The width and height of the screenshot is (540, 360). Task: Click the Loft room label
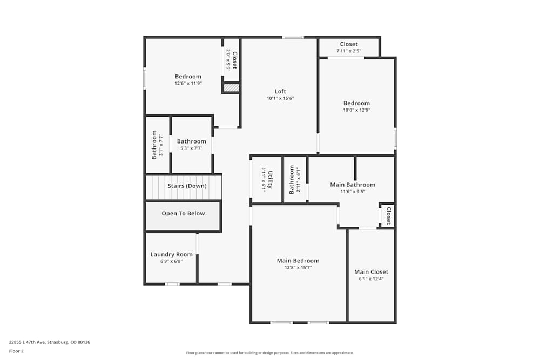(280, 91)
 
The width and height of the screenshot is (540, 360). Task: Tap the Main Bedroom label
(298, 260)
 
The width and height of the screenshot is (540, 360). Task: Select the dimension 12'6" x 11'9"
(188, 84)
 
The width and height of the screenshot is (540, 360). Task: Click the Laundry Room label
(171, 254)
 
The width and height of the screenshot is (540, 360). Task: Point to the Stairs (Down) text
(187, 186)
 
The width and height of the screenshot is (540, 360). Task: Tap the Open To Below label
(183, 213)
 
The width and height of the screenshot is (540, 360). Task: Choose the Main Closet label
(371, 271)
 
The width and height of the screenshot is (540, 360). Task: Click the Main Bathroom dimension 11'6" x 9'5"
(353, 191)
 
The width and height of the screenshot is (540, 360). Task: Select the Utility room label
(270, 179)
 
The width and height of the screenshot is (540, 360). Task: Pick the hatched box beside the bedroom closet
(232, 87)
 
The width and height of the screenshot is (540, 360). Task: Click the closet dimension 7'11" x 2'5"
(349, 51)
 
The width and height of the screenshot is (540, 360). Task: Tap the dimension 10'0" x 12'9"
(356, 110)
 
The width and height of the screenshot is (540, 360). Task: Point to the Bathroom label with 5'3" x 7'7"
(191, 141)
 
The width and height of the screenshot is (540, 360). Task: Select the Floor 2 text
(16, 351)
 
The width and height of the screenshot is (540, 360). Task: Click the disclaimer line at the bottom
(270, 352)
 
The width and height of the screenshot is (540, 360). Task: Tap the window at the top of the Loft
(293, 37)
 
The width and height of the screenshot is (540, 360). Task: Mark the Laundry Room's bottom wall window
(172, 284)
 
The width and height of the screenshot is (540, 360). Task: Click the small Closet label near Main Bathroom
(388, 215)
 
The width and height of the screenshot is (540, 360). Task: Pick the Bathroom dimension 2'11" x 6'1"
(298, 180)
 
